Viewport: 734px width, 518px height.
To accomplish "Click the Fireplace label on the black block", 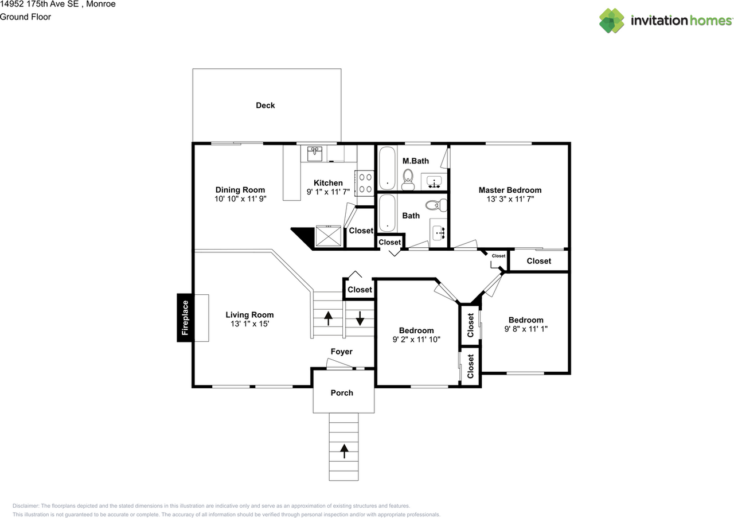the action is (x=185, y=318).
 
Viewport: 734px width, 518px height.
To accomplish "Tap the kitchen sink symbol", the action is (x=315, y=154).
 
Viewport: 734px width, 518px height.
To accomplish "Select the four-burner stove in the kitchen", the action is (x=365, y=183).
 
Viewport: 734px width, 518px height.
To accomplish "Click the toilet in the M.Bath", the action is (x=408, y=180).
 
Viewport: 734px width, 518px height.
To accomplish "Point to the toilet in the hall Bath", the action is (x=436, y=205).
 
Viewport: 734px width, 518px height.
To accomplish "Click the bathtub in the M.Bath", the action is (x=387, y=168).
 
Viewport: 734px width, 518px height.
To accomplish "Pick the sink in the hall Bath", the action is (x=439, y=233).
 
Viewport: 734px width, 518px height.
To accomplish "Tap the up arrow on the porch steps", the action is (x=344, y=451).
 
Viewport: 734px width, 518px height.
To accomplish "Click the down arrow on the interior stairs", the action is (x=360, y=318).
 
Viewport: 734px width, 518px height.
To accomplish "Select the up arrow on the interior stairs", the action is (x=328, y=318).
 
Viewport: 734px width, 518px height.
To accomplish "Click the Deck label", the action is (x=265, y=105).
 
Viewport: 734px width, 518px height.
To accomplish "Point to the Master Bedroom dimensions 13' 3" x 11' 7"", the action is (x=510, y=199).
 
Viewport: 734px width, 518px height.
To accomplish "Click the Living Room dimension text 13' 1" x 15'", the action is (x=249, y=324).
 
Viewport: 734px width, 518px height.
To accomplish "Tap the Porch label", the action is (x=342, y=393).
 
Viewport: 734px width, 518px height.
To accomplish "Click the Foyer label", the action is (x=341, y=352).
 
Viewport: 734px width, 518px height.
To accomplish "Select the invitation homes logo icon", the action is (x=611, y=20).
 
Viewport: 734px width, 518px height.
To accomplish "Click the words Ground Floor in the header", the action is (x=25, y=17).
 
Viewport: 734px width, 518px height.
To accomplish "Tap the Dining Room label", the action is (x=240, y=190).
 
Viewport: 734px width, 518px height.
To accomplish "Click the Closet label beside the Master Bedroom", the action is (x=538, y=261).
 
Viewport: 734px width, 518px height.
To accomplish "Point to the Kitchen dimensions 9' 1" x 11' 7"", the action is (x=328, y=192).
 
